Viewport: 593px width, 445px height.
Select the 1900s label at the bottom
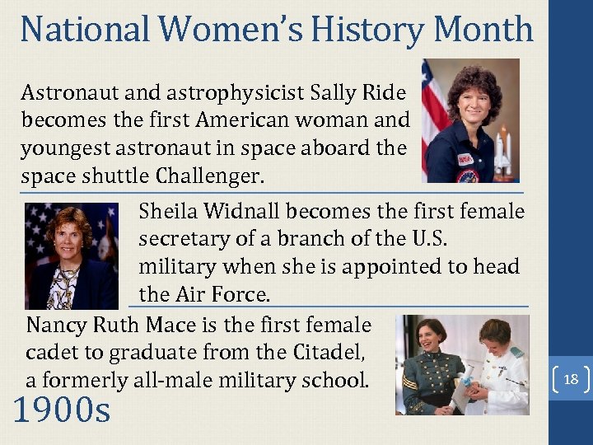(62, 410)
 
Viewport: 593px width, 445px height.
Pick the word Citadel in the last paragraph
(329, 353)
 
